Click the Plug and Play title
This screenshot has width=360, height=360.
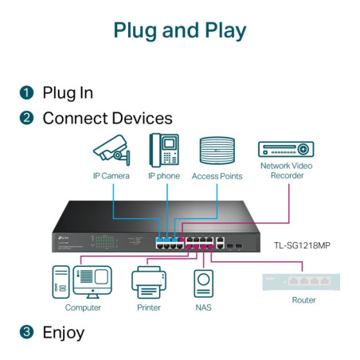(x=179, y=31)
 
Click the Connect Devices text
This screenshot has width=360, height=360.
(x=107, y=119)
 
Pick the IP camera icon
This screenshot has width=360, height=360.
(x=110, y=149)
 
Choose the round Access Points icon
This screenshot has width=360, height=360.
(x=217, y=151)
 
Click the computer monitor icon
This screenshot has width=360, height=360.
(x=92, y=281)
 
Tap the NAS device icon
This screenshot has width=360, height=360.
(x=203, y=283)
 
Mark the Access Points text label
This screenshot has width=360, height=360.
(x=217, y=176)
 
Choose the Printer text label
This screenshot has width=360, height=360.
(x=148, y=307)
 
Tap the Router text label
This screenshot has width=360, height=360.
(x=303, y=300)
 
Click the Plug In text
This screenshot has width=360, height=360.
(x=68, y=92)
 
